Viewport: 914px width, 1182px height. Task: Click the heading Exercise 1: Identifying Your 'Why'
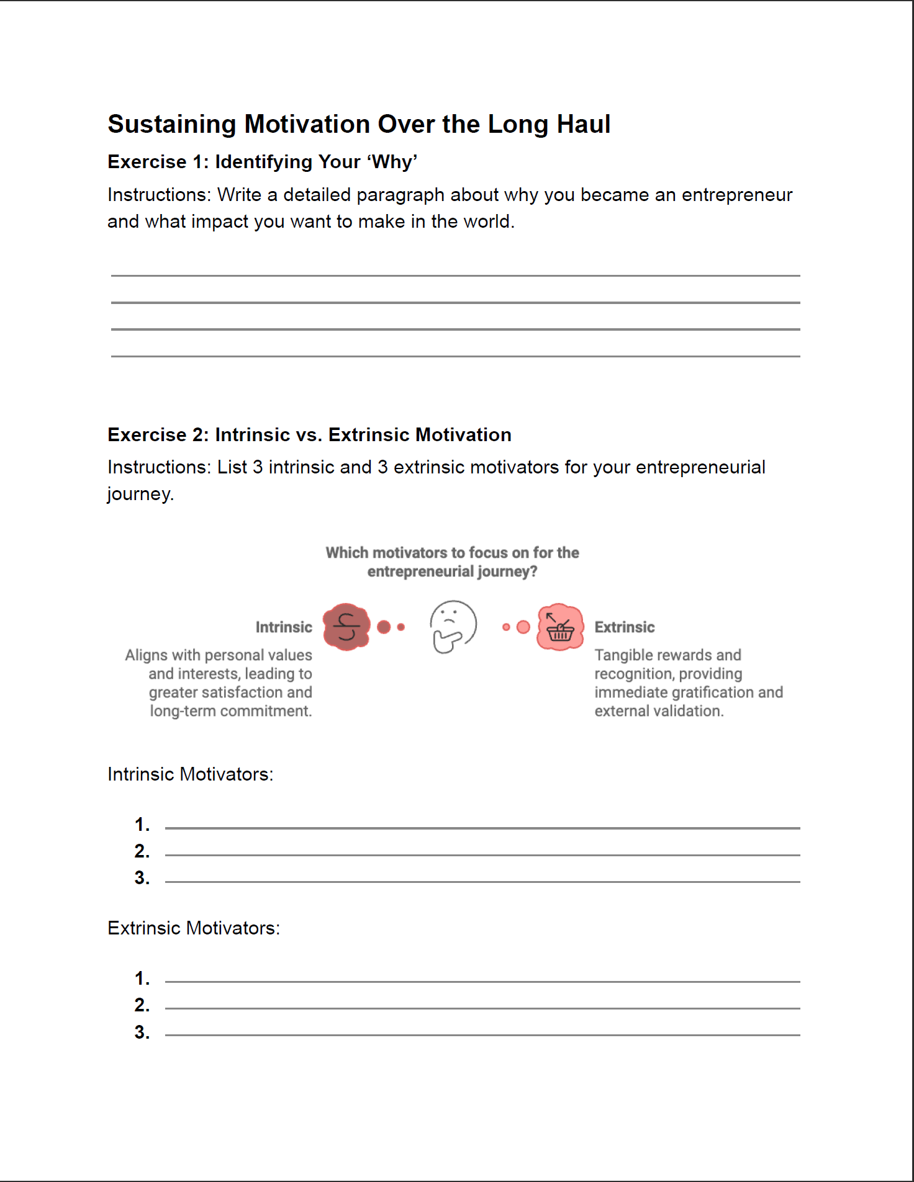[x=262, y=162]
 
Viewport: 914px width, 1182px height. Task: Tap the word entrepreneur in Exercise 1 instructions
[x=736, y=195]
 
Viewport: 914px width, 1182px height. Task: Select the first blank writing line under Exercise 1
[x=455, y=275]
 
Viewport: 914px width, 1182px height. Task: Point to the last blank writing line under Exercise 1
[x=455, y=356]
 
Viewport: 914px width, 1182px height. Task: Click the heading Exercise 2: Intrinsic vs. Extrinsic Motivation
[x=309, y=435]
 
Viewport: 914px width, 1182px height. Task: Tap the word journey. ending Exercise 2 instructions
[x=140, y=494]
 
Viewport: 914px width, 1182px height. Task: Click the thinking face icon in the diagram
[x=453, y=626]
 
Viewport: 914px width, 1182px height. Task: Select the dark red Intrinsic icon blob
[x=346, y=627]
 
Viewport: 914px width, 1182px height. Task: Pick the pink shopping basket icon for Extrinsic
[x=560, y=627]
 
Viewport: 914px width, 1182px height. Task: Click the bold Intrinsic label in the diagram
[x=284, y=627]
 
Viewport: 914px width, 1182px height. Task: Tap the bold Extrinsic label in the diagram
[x=624, y=627]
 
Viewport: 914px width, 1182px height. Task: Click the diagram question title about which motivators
[x=452, y=562]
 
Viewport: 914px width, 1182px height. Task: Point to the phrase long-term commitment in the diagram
[x=230, y=711]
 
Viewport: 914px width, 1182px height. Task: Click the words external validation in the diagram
[x=659, y=711]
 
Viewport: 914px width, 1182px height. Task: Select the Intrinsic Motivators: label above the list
[x=190, y=774]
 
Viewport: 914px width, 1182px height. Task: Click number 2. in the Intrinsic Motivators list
[x=142, y=851]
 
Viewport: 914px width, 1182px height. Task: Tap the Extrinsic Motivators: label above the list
[x=194, y=928]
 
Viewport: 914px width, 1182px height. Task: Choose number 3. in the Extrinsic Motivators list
[x=142, y=1032]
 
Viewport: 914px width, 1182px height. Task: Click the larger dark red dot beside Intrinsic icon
[x=384, y=627]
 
